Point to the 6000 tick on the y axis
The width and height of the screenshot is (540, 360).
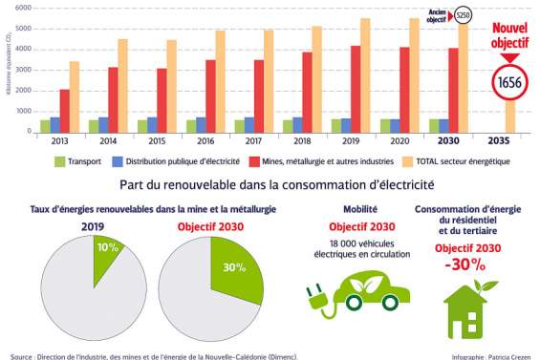click(x=24, y=8)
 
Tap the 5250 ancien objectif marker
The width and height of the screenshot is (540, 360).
click(x=463, y=15)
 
